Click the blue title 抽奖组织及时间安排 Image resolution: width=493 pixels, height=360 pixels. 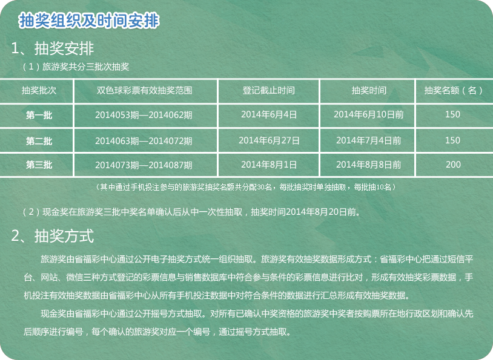(89, 21)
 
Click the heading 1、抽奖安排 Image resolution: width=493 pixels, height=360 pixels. (52, 48)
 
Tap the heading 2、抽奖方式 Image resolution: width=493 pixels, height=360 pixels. (52, 236)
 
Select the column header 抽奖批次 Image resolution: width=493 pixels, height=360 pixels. (39, 91)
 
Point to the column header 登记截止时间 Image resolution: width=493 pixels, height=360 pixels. (268, 91)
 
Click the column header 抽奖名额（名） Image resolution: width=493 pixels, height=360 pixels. (453, 91)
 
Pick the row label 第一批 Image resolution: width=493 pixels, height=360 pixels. (39, 116)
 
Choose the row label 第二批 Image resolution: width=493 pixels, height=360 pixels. (39, 141)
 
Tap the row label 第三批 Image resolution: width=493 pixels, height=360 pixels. (39, 165)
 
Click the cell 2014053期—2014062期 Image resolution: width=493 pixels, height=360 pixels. (144, 115)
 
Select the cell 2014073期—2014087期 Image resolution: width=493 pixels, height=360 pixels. (144, 165)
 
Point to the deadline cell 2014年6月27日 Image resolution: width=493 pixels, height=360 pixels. (269, 140)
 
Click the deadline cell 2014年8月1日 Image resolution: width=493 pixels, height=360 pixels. (269, 165)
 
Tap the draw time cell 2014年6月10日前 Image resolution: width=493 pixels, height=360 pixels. (368, 115)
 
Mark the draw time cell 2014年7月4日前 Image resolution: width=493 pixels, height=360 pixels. (368, 140)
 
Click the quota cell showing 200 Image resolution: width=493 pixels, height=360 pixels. (453, 165)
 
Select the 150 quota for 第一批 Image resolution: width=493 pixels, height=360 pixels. (453, 114)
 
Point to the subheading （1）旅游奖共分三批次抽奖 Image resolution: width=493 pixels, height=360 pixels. (76, 67)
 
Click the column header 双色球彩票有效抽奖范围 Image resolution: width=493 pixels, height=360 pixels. (144, 91)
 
